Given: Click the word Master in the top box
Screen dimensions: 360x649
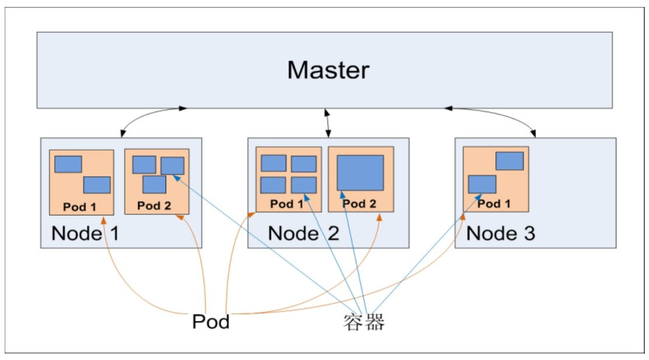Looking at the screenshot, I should [x=328, y=70].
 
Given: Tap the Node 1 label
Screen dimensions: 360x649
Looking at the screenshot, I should [x=85, y=233].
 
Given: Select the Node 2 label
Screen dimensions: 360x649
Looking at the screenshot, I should [x=303, y=233].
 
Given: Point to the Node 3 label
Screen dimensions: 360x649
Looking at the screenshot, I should [x=501, y=233].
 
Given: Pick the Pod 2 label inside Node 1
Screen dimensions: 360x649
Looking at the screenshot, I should [x=154, y=206].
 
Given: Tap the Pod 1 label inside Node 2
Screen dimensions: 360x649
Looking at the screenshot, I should [x=287, y=204].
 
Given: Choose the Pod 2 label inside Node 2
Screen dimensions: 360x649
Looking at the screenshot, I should [x=360, y=204].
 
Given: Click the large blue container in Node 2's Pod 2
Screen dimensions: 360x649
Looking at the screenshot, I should [x=360, y=173].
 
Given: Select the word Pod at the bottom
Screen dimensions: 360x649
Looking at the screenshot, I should [x=211, y=321].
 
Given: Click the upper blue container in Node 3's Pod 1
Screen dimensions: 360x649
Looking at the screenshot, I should [x=510, y=160].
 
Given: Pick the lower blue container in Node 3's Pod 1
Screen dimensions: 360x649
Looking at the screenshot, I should [x=482, y=184].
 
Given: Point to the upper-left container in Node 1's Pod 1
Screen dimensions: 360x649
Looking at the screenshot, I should [x=68, y=164].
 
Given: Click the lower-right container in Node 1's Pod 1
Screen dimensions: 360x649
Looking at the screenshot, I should [x=97, y=185].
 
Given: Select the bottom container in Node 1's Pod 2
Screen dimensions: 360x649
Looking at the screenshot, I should [x=155, y=184].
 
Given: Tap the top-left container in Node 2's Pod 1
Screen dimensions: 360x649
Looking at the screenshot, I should [x=273, y=163].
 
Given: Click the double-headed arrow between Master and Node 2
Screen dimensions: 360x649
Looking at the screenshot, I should [x=328, y=123].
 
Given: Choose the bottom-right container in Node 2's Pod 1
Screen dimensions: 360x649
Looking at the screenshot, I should [x=304, y=185].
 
